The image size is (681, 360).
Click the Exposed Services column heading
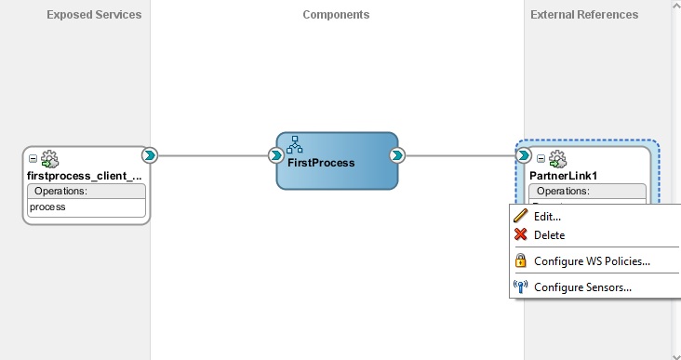94,15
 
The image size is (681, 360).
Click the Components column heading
336,15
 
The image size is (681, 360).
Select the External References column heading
584,15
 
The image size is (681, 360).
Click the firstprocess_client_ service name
85,175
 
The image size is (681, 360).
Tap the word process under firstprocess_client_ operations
47,207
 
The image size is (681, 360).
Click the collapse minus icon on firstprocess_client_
33,159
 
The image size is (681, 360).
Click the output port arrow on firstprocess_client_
148,155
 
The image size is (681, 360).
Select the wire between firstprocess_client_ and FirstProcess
211,155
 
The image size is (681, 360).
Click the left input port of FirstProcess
276,155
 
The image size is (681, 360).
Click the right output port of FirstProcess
397,155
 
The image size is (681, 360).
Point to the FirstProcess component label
321,162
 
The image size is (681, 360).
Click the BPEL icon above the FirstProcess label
296,144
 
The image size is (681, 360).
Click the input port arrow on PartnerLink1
525,155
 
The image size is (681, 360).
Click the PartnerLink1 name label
564,175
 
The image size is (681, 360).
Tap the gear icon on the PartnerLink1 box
557,159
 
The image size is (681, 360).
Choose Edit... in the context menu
547,216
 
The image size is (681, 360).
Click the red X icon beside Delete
521,235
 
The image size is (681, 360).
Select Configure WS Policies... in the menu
592,261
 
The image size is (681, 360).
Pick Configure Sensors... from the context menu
582,287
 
